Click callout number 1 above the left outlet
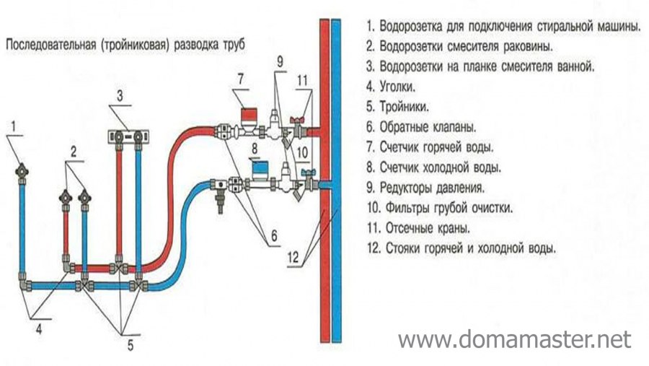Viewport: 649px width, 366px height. pos(13,129)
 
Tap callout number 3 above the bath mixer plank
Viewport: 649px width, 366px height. pos(121,95)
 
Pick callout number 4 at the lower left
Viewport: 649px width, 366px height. pos(40,329)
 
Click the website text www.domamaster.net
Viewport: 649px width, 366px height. pos(514,339)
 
